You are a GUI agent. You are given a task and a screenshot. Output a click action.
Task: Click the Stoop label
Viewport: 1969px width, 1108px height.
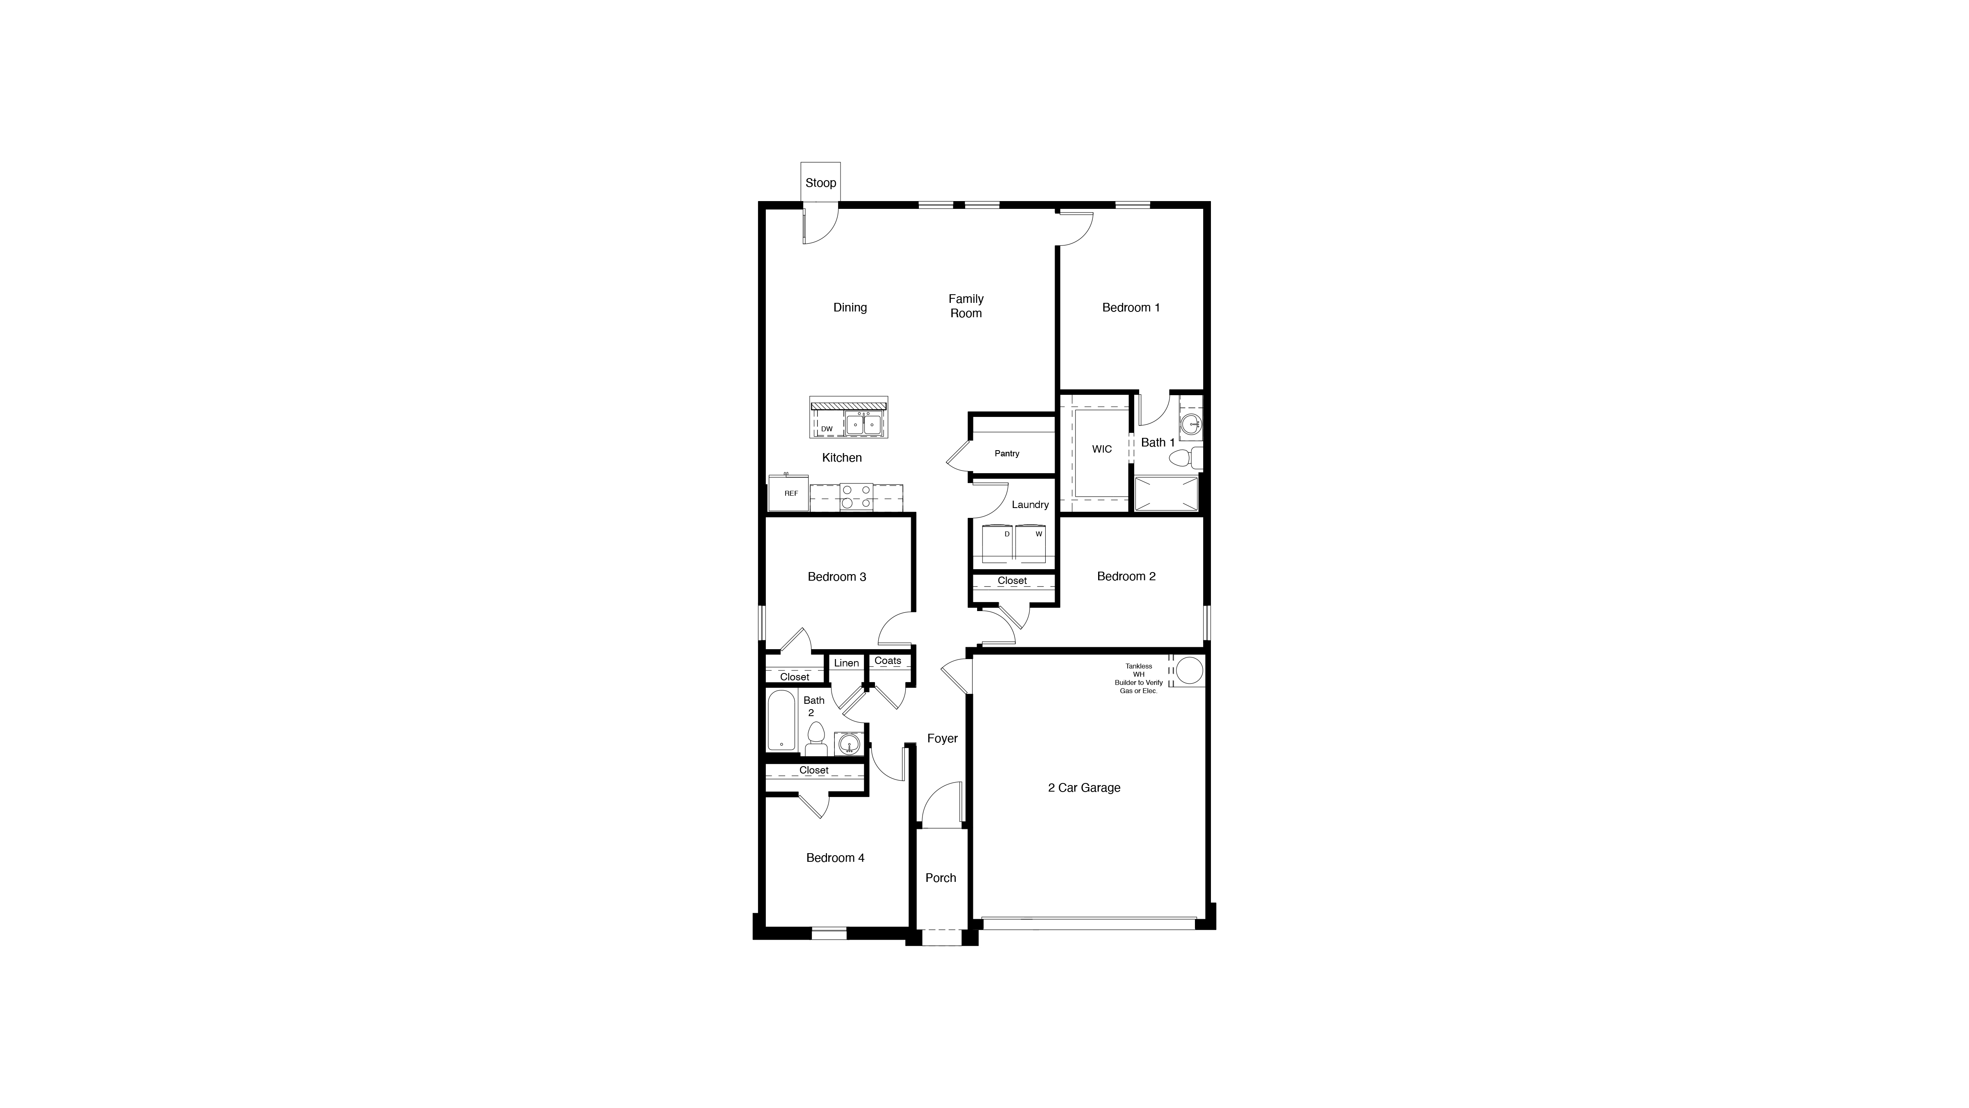[820, 183]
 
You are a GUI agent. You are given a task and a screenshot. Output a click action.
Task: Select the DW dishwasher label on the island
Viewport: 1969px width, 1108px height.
[826, 429]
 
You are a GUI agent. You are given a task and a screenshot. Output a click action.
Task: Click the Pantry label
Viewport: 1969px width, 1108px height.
[1007, 453]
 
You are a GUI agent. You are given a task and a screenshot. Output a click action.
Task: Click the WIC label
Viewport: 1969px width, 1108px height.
[1101, 449]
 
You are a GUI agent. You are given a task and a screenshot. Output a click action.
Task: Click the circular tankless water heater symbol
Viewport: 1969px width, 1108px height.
[1189, 671]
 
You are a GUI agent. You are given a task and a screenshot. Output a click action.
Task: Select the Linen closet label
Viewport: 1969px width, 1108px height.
[846, 663]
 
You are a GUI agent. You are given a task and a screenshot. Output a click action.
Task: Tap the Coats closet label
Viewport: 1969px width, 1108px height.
[887, 661]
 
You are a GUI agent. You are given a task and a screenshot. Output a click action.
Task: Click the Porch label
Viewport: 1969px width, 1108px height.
[940, 878]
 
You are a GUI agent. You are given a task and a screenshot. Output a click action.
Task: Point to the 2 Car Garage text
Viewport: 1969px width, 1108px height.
[1084, 788]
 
